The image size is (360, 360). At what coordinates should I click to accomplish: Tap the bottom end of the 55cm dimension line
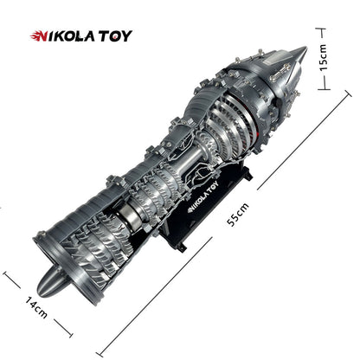(x=103, y=353)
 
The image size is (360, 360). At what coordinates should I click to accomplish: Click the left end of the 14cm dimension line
(x=5, y=274)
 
